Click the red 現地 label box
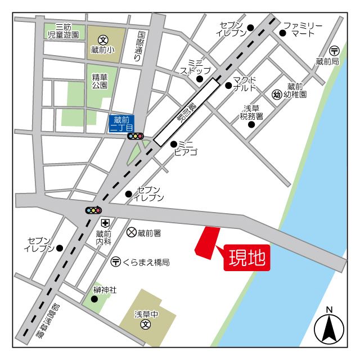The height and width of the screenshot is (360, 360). coord(246,258)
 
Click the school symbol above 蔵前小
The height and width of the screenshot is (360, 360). coord(102,39)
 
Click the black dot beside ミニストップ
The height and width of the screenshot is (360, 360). coord(199,79)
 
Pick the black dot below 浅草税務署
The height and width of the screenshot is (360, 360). coord(251,124)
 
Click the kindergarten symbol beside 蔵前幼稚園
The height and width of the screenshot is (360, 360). coord(276,94)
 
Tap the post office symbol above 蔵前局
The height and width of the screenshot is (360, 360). coord(334,51)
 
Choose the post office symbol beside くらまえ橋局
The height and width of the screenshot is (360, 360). coord(115,262)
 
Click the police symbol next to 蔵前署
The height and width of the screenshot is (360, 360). coord(131,232)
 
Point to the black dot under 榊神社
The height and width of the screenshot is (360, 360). coord(94,299)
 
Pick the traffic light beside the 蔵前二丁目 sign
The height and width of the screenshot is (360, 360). coord(136,136)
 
